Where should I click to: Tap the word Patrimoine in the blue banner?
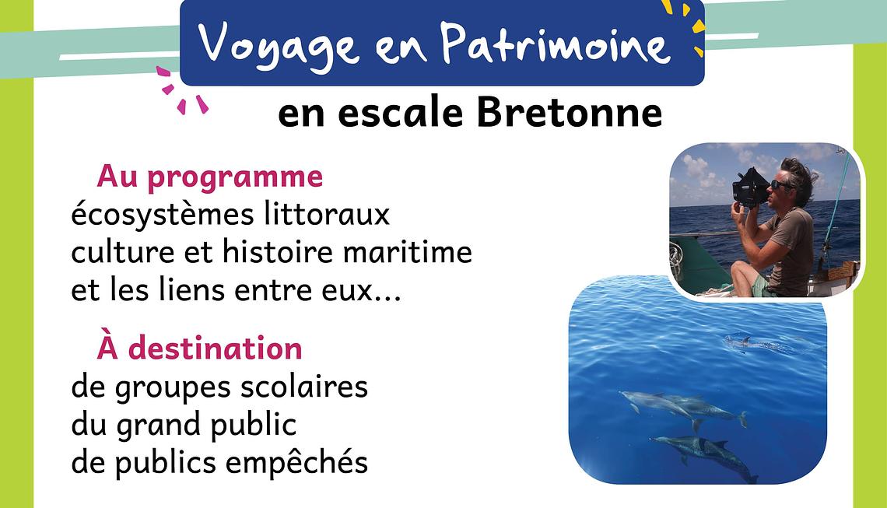554,43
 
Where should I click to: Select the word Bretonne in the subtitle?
569,113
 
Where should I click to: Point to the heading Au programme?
209,177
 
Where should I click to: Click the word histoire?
278,252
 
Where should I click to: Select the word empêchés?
296,462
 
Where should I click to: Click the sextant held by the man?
751,187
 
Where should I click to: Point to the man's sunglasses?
782,184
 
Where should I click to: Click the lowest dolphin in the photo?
704,455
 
